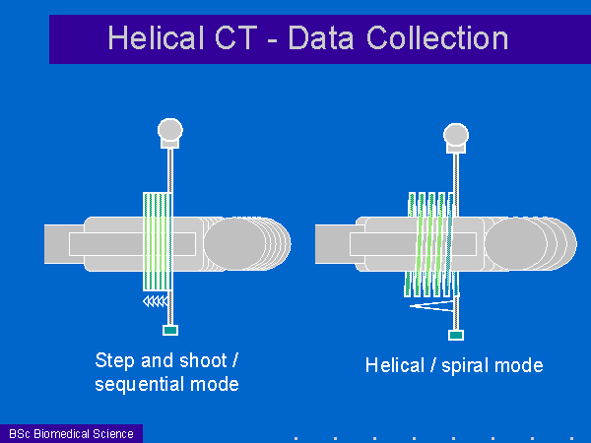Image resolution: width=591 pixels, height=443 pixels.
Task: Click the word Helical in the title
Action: pos(156,37)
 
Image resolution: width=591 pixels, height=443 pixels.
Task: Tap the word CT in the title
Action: pos(236,37)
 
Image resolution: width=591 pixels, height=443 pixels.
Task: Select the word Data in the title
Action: pos(321,37)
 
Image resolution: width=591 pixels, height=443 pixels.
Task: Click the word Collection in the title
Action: pos(437,37)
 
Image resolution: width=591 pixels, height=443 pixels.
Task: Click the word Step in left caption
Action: pos(115,361)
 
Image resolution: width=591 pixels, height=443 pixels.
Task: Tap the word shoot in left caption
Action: pos(203,361)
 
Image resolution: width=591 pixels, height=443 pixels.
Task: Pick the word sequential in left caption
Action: pos(140,385)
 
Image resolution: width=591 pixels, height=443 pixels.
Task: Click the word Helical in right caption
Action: pos(395,365)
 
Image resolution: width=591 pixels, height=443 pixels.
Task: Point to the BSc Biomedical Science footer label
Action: pos(71,434)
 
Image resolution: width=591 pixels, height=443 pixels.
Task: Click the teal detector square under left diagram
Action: pos(170,331)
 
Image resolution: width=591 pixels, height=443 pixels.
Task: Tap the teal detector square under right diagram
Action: pos(456,335)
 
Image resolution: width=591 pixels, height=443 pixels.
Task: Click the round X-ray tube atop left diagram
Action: pos(170,130)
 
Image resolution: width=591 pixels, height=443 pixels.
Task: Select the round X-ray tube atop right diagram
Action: pos(456,135)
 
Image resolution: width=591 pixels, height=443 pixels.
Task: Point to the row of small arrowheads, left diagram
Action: pos(156,301)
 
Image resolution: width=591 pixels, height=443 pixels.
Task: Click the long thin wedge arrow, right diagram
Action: pos(431,306)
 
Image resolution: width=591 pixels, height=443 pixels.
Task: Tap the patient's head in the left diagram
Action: pos(247,244)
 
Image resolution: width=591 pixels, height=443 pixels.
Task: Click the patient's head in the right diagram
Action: pos(530,244)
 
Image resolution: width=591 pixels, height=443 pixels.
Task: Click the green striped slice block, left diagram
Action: pos(158,241)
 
